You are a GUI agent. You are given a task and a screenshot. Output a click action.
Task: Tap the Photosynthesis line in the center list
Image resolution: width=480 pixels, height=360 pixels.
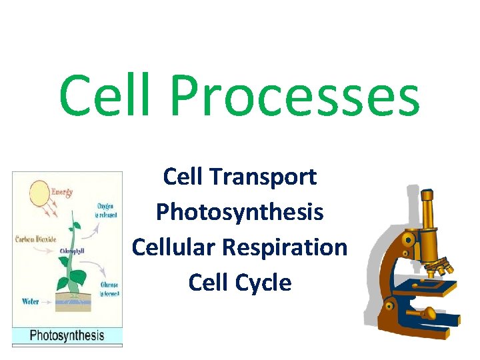pos(239,212)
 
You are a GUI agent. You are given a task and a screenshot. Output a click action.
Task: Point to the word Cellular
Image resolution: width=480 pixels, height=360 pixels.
pos(174,247)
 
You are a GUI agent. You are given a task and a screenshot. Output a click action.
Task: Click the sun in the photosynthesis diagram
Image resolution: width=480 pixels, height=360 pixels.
pos(39,194)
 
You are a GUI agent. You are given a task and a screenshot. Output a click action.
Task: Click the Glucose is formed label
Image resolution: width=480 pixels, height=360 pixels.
pos(109,288)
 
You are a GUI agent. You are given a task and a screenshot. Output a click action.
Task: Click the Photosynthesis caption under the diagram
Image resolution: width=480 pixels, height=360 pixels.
pos(67,335)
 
